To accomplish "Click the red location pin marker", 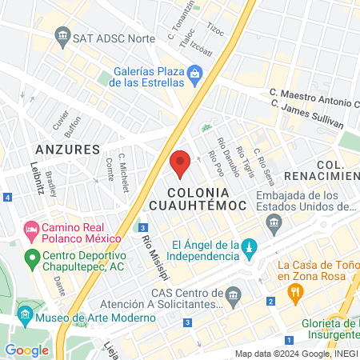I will click(x=180, y=163).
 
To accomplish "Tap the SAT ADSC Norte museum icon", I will click(x=62, y=36).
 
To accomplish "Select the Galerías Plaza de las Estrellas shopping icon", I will click(x=195, y=77).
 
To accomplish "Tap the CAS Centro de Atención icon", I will click(x=234, y=295).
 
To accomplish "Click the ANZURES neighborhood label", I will click(x=68, y=150).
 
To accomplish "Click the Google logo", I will click(x=26, y=350).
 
